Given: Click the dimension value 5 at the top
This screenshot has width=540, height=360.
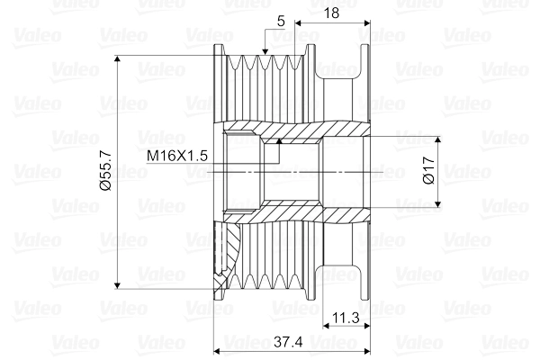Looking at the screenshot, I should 281,20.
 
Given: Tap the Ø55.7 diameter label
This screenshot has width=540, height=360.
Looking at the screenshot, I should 103,171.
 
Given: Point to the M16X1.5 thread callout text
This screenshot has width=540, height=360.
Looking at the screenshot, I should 177,156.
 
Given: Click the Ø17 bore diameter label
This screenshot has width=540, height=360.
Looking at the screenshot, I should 428,171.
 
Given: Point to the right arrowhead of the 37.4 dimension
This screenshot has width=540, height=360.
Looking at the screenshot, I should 369,348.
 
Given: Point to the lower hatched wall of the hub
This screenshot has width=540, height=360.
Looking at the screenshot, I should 297,213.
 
